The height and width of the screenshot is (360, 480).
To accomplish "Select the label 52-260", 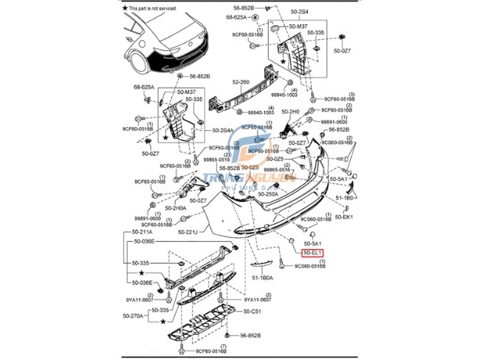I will [x=242, y=83].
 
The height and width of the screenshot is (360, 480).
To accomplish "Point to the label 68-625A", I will [x=144, y=86].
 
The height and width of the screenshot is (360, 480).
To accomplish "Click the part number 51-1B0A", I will [x=262, y=277].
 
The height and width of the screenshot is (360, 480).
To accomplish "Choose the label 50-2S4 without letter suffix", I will [x=299, y=13].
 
